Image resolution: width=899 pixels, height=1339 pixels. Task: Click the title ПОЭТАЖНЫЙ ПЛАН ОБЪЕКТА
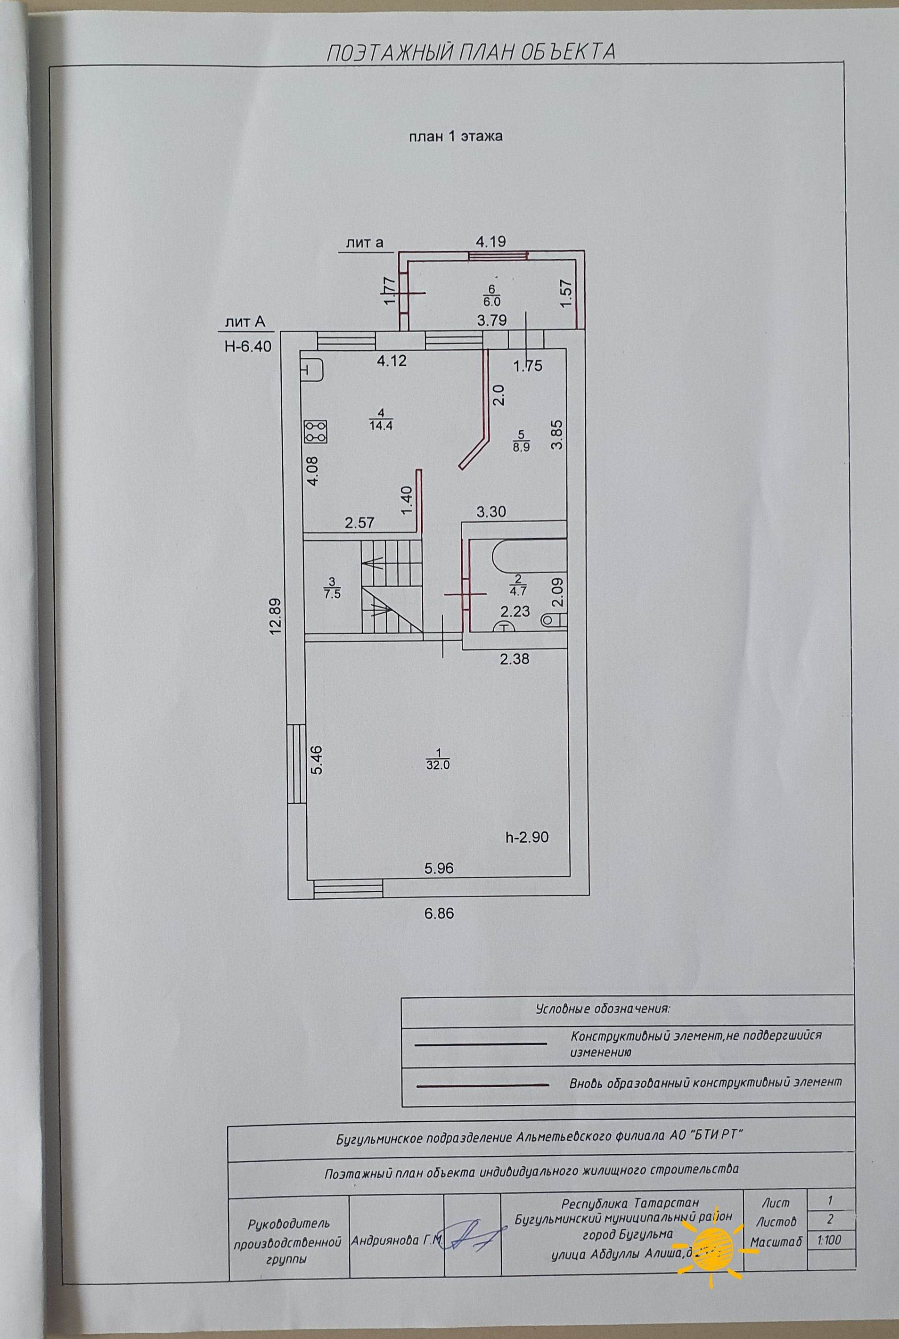coord(471,53)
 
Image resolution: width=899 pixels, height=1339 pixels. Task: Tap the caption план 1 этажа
coord(455,137)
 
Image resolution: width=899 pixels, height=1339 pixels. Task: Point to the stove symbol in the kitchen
coord(316,432)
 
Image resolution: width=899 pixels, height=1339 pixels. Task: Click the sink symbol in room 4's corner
coord(312,370)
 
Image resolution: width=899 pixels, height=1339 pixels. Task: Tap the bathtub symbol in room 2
coord(527,556)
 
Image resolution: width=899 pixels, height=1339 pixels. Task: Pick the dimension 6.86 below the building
coord(439,914)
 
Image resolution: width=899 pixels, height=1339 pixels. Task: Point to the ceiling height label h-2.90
coord(527,837)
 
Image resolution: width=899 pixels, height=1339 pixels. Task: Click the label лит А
coord(245,323)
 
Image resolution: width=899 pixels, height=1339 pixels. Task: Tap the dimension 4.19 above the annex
coord(491,241)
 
